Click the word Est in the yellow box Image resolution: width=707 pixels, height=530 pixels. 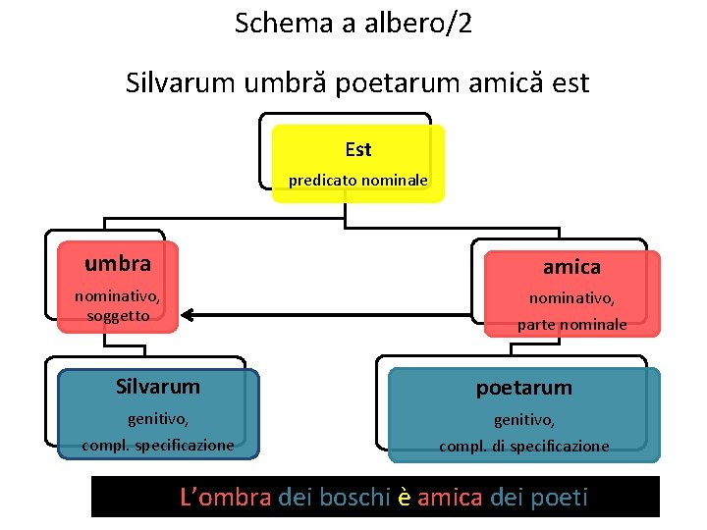(358, 150)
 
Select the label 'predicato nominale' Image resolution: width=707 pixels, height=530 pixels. (357, 181)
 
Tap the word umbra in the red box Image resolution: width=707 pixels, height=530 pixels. (118, 264)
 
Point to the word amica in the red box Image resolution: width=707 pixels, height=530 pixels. (572, 267)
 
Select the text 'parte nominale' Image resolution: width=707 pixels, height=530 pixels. (572, 324)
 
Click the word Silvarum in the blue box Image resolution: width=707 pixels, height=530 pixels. (157, 387)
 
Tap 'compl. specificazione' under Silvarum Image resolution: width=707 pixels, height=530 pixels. (158, 445)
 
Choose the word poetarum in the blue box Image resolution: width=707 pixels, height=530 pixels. (523, 388)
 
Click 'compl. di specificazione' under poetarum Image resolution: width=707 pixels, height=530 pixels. (523, 446)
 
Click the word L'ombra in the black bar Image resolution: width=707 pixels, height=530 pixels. (226, 498)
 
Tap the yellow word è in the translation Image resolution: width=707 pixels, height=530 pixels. (403, 498)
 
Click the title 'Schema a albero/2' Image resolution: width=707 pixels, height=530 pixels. (353, 24)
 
